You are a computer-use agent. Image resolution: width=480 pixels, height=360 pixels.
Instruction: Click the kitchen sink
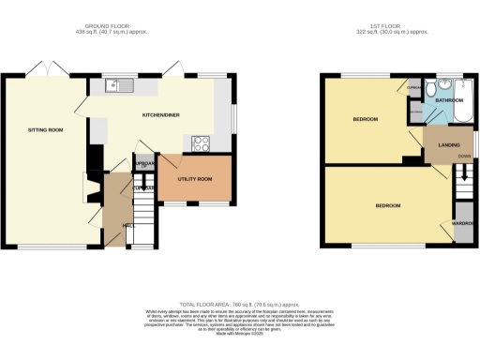[x=117, y=86]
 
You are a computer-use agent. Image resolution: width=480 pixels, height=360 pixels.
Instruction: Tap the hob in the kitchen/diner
[x=201, y=143]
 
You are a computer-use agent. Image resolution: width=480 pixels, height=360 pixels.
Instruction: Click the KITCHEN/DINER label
[x=160, y=114]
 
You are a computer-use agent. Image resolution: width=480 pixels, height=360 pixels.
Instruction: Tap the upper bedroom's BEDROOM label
[x=365, y=120]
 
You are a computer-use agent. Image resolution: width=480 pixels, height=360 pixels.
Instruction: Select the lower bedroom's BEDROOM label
[x=388, y=205]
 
